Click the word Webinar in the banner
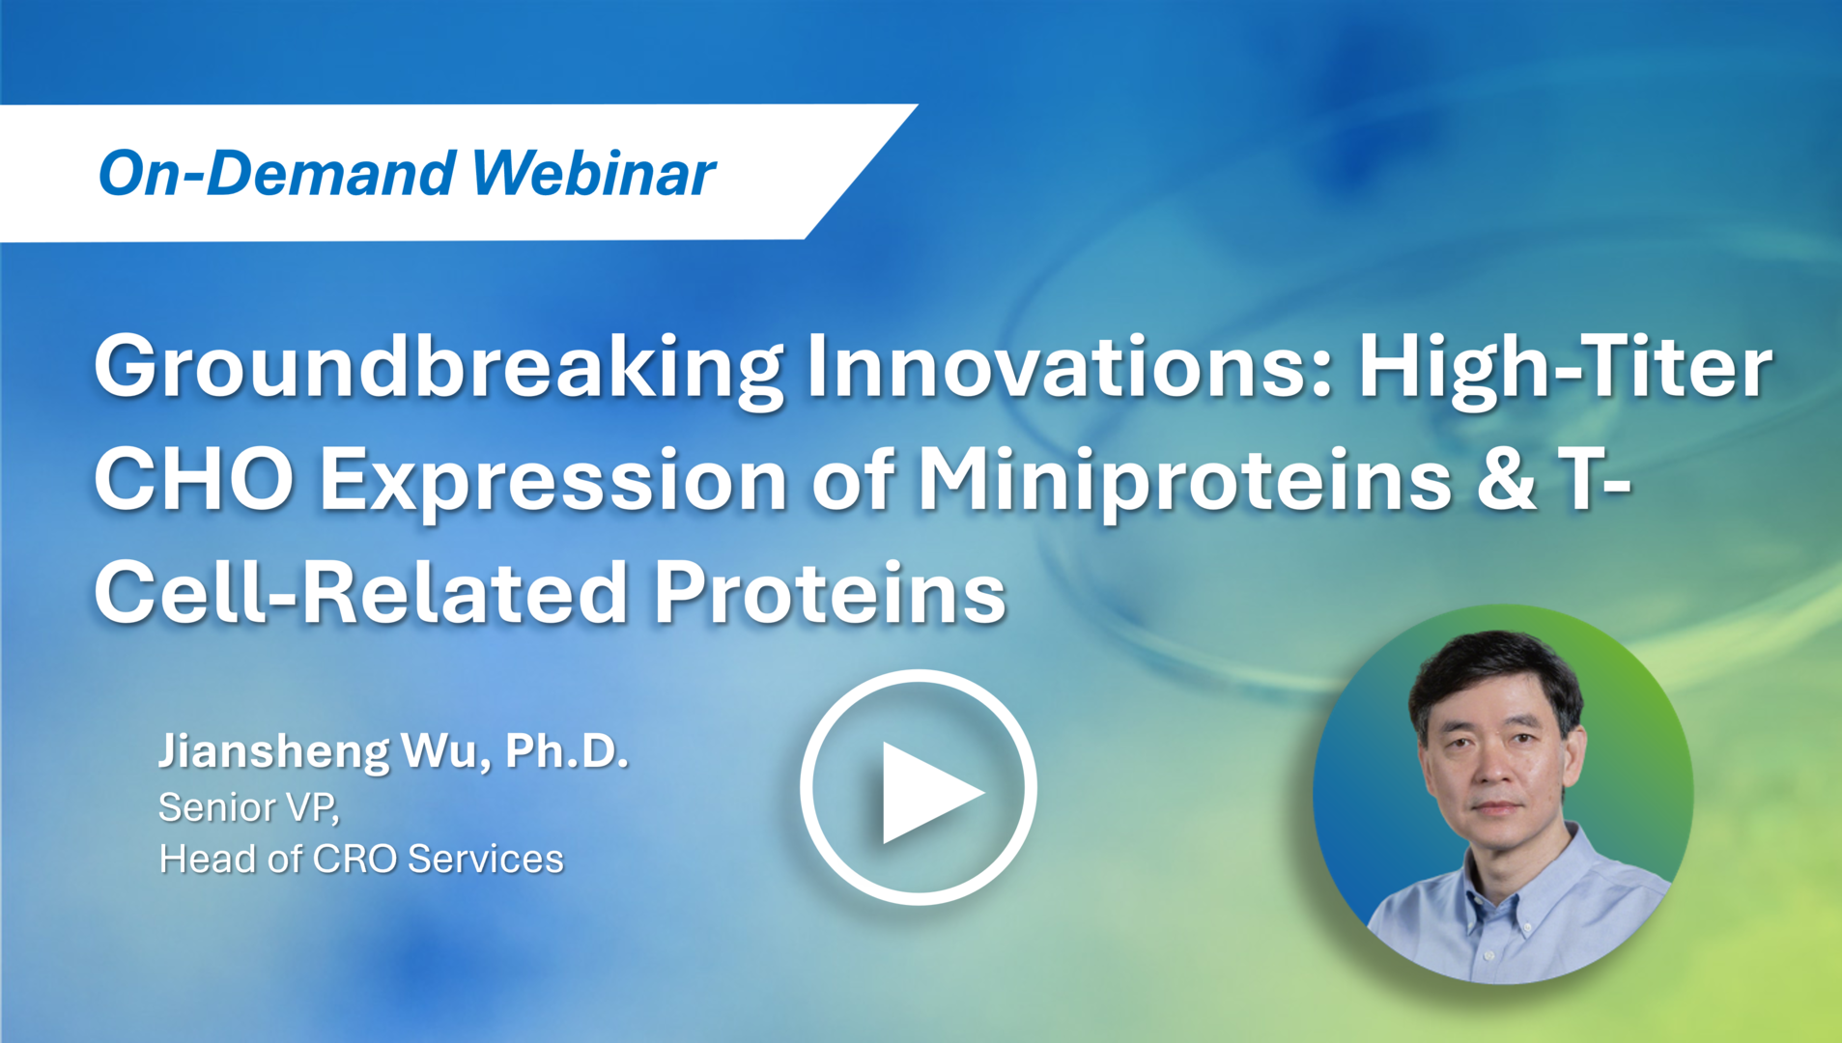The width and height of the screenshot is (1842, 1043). click(x=593, y=174)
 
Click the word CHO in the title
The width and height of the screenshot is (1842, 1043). click(x=194, y=480)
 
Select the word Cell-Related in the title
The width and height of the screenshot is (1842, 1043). click(x=361, y=593)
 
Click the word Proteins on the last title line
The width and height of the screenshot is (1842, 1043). click(x=830, y=593)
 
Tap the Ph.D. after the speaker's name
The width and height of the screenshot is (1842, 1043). click(x=567, y=750)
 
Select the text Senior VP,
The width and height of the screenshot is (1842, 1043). click(x=249, y=807)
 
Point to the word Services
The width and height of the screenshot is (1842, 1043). click(x=485, y=859)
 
